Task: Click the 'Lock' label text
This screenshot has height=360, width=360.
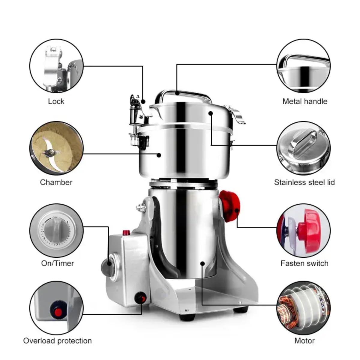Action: [56, 101]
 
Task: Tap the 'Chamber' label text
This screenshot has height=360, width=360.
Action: [56, 182]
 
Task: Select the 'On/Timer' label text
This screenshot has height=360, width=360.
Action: [57, 263]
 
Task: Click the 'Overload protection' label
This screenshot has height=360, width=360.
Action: [57, 341]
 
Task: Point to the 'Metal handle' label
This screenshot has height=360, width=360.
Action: [304, 101]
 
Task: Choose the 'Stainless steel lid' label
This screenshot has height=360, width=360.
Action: [304, 182]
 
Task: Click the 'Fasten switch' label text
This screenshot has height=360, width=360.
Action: [304, 263]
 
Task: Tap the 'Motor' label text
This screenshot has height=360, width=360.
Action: [304, 341]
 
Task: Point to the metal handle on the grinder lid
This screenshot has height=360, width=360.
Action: [183, 95]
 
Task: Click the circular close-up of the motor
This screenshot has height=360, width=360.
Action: [303, 308]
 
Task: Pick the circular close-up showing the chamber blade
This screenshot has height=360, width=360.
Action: [56, 148]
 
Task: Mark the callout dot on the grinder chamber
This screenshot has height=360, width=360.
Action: [159, 155]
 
